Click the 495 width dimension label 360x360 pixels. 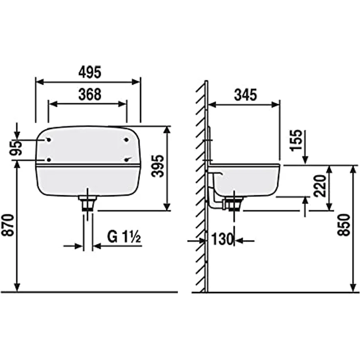click(90, 72)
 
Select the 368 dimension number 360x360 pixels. click(90, 94)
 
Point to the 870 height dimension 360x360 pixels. click(8, 225)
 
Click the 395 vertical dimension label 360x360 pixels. click(157, 166)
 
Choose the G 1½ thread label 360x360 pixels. click(124, 237)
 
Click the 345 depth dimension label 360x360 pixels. click(246, 95)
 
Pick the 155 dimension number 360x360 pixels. click(296, 140)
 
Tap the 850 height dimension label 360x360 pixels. click(344, 225)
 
